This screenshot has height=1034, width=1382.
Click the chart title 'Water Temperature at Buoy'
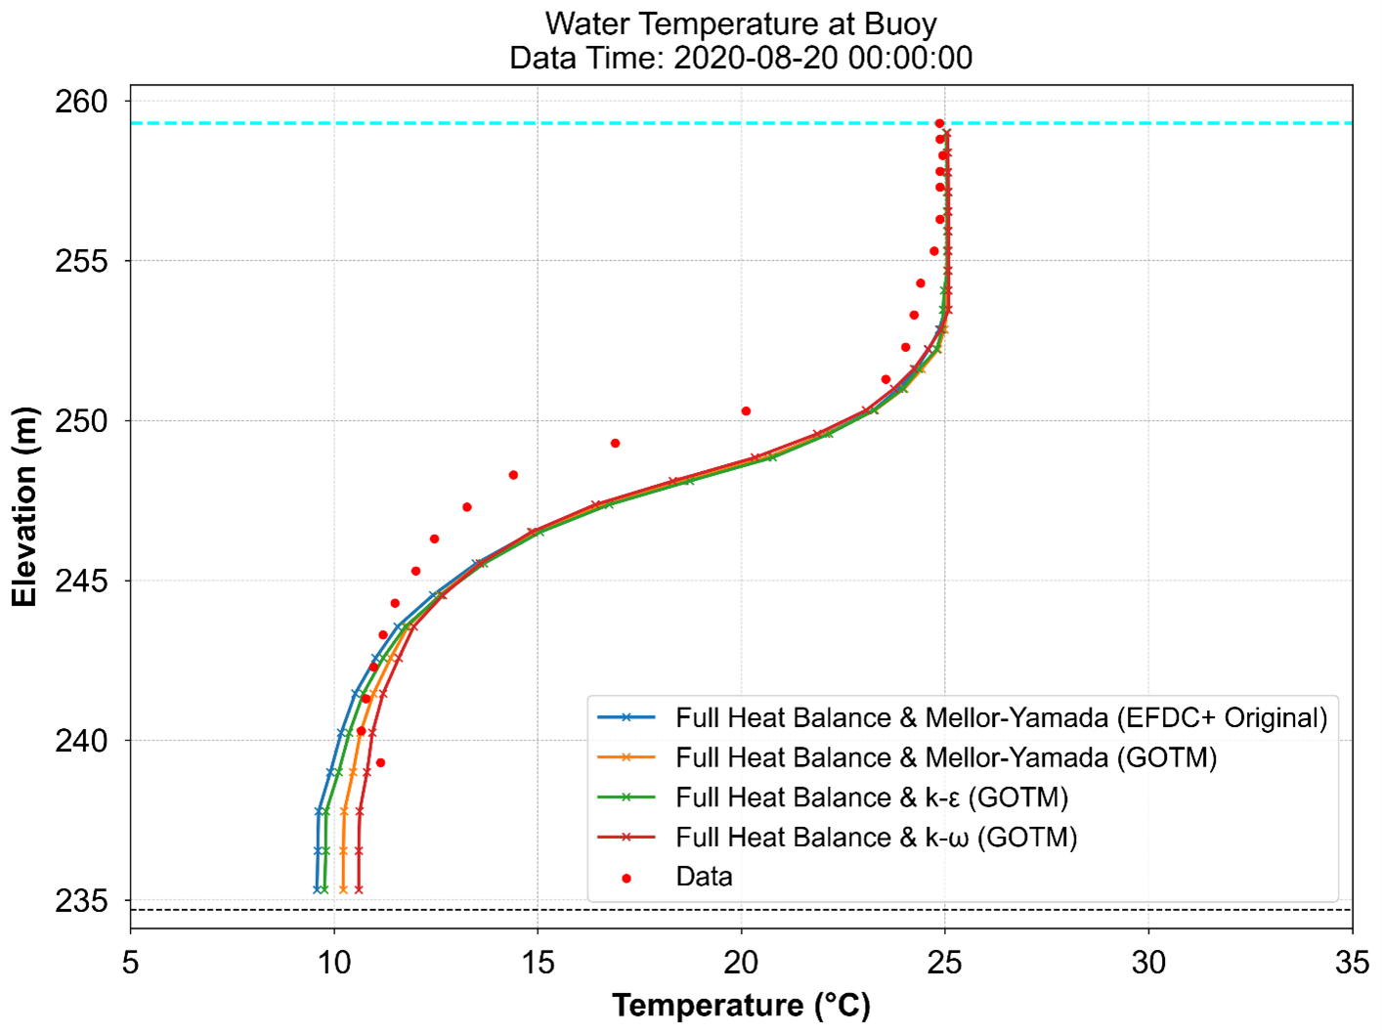tap(741, 23)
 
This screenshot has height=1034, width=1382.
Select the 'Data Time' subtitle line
tap(741, 58)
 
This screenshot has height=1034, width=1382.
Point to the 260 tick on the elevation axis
tap(81, 102)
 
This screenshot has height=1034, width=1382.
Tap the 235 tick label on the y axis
tap(81, 900)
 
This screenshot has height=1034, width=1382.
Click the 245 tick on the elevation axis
tap(81, 582)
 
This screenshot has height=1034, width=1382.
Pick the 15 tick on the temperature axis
tap(538, 963)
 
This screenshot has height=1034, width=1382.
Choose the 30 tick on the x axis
tap(1148, 963)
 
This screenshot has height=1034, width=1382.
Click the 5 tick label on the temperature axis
tap(130, 963)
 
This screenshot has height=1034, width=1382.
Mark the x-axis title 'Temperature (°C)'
tap(741, 1006)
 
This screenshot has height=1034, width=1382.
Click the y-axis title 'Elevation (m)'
tap(24, 506)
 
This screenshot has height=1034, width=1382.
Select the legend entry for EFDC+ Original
tap(1001, 718)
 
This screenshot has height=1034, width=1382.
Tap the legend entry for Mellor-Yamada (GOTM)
tap(945, 758)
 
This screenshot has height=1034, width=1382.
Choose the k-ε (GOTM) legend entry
tap(871, 797)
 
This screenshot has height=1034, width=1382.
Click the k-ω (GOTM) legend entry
tap(876, 838)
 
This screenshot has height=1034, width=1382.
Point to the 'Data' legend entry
tap(704, 877)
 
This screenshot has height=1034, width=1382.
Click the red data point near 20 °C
tap(746, 411)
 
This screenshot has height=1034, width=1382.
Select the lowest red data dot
tap(380, 762)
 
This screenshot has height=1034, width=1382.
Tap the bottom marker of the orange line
tap(343, 889)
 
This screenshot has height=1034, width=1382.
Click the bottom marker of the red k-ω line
tap(359, 889)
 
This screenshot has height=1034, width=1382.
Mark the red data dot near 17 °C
tap(615, 444)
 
